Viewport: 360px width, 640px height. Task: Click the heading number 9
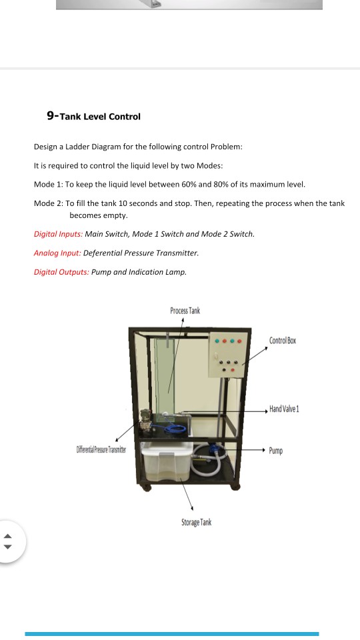pos(50,116)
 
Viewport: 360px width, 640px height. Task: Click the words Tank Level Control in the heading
pos(100,117)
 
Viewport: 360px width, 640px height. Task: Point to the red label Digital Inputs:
pos(58,235)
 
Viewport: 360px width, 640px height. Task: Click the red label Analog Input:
pos(57,253)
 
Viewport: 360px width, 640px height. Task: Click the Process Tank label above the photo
pos(185,311)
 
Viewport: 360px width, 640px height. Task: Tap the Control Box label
pos(283,341)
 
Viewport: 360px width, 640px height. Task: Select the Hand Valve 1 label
pos(284,409)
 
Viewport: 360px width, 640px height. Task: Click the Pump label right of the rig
pos(276,451)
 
